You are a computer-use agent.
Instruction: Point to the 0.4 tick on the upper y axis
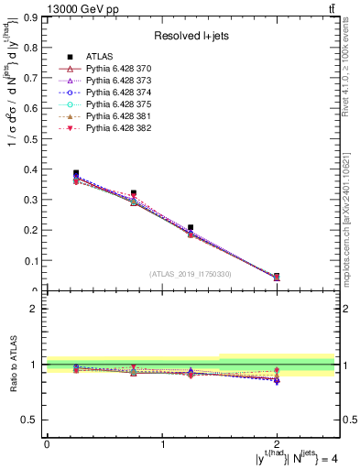32,169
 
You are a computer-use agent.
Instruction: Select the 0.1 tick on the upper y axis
32,261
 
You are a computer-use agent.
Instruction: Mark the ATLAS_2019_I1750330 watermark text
190,274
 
